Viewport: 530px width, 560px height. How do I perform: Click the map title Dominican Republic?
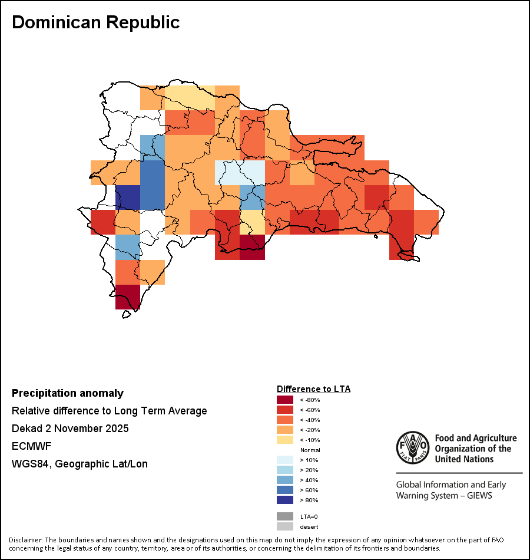pyautogui.click(x=96, y=22)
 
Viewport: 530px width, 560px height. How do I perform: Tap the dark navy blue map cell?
pyautogui.click(x=127, y=197)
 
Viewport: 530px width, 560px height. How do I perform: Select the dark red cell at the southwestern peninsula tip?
pyautogui.click(x=127, y=297)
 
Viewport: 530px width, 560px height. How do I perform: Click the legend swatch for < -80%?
pyautogui.click(x=285, y=400)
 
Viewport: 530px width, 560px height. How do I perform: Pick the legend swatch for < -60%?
pyautogui.click(x=285, y=410)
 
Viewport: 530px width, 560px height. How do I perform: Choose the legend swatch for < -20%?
pyautogui.click(x=285, y=430)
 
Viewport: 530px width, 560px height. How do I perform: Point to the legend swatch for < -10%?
pyautogui.click(x=285, y=440)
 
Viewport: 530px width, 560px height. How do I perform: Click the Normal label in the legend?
pyautogui.click(x=310, y=450)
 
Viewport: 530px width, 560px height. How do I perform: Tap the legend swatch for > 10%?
pyautogui.click(x=285, y=460)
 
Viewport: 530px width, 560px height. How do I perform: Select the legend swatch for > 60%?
pyautogui.click(x=285, y=490)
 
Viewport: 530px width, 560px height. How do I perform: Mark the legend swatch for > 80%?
pyautogui.click(x=285, y=500)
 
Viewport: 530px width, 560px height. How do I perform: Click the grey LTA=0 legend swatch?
pyautogui.click(x=285, y=516)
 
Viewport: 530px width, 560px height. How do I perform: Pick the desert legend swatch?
pyautogui.click(x=285, y=526)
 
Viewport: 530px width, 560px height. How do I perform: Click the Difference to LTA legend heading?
pyautogui.click(x=313, y=389)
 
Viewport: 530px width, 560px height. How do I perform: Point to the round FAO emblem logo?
pyautogui.click(x=412, y=447)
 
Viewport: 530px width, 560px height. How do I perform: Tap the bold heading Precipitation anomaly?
pyautogui.click(x=68, y=393)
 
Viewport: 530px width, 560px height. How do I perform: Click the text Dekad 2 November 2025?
pyautogui.click(x=70, y=429)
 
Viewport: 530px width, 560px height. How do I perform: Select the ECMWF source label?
pyautogui.click(x=31, y=446)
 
